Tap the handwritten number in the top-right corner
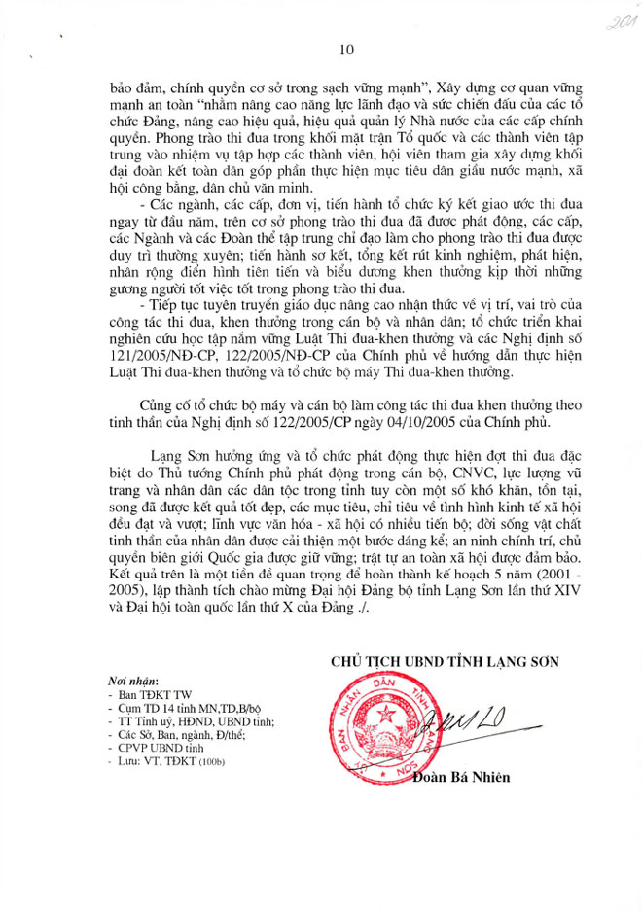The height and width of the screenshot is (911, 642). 610,22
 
